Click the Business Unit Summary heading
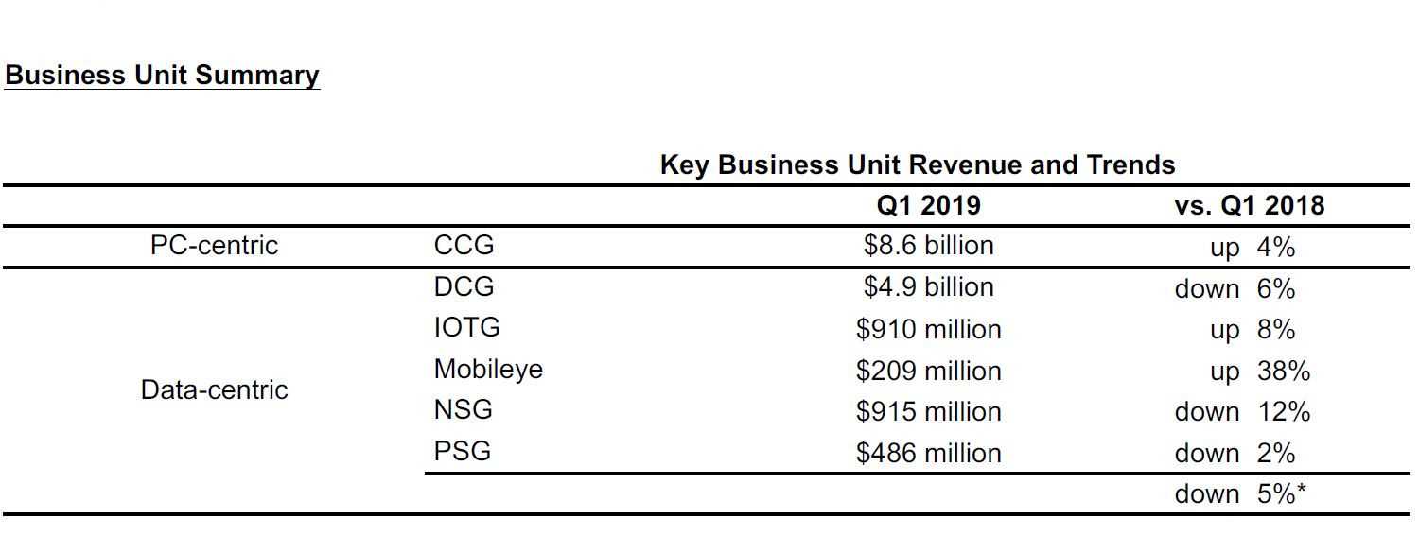coord(162,75)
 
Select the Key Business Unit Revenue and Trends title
coord(917,164)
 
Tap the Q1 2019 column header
coord(928,205)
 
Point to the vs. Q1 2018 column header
coord(1249,205)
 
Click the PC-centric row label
coord(214,246)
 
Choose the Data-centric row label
coord(214,389)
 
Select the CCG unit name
coord(464,246)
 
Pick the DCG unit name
coord(464,286)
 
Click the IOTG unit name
coord(466,328)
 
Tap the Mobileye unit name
coord(488,369)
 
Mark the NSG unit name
coord(463,410)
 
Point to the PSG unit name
coord(463,451)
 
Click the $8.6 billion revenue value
coord(928,246)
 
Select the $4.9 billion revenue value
coord(928,286)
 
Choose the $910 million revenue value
coord(928,329)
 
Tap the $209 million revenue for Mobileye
coord(928,371)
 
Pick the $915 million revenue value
coord(928,412)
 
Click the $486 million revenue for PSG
coord(928,454)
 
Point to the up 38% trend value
coord(1259,372)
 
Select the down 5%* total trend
coord(1240,494)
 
